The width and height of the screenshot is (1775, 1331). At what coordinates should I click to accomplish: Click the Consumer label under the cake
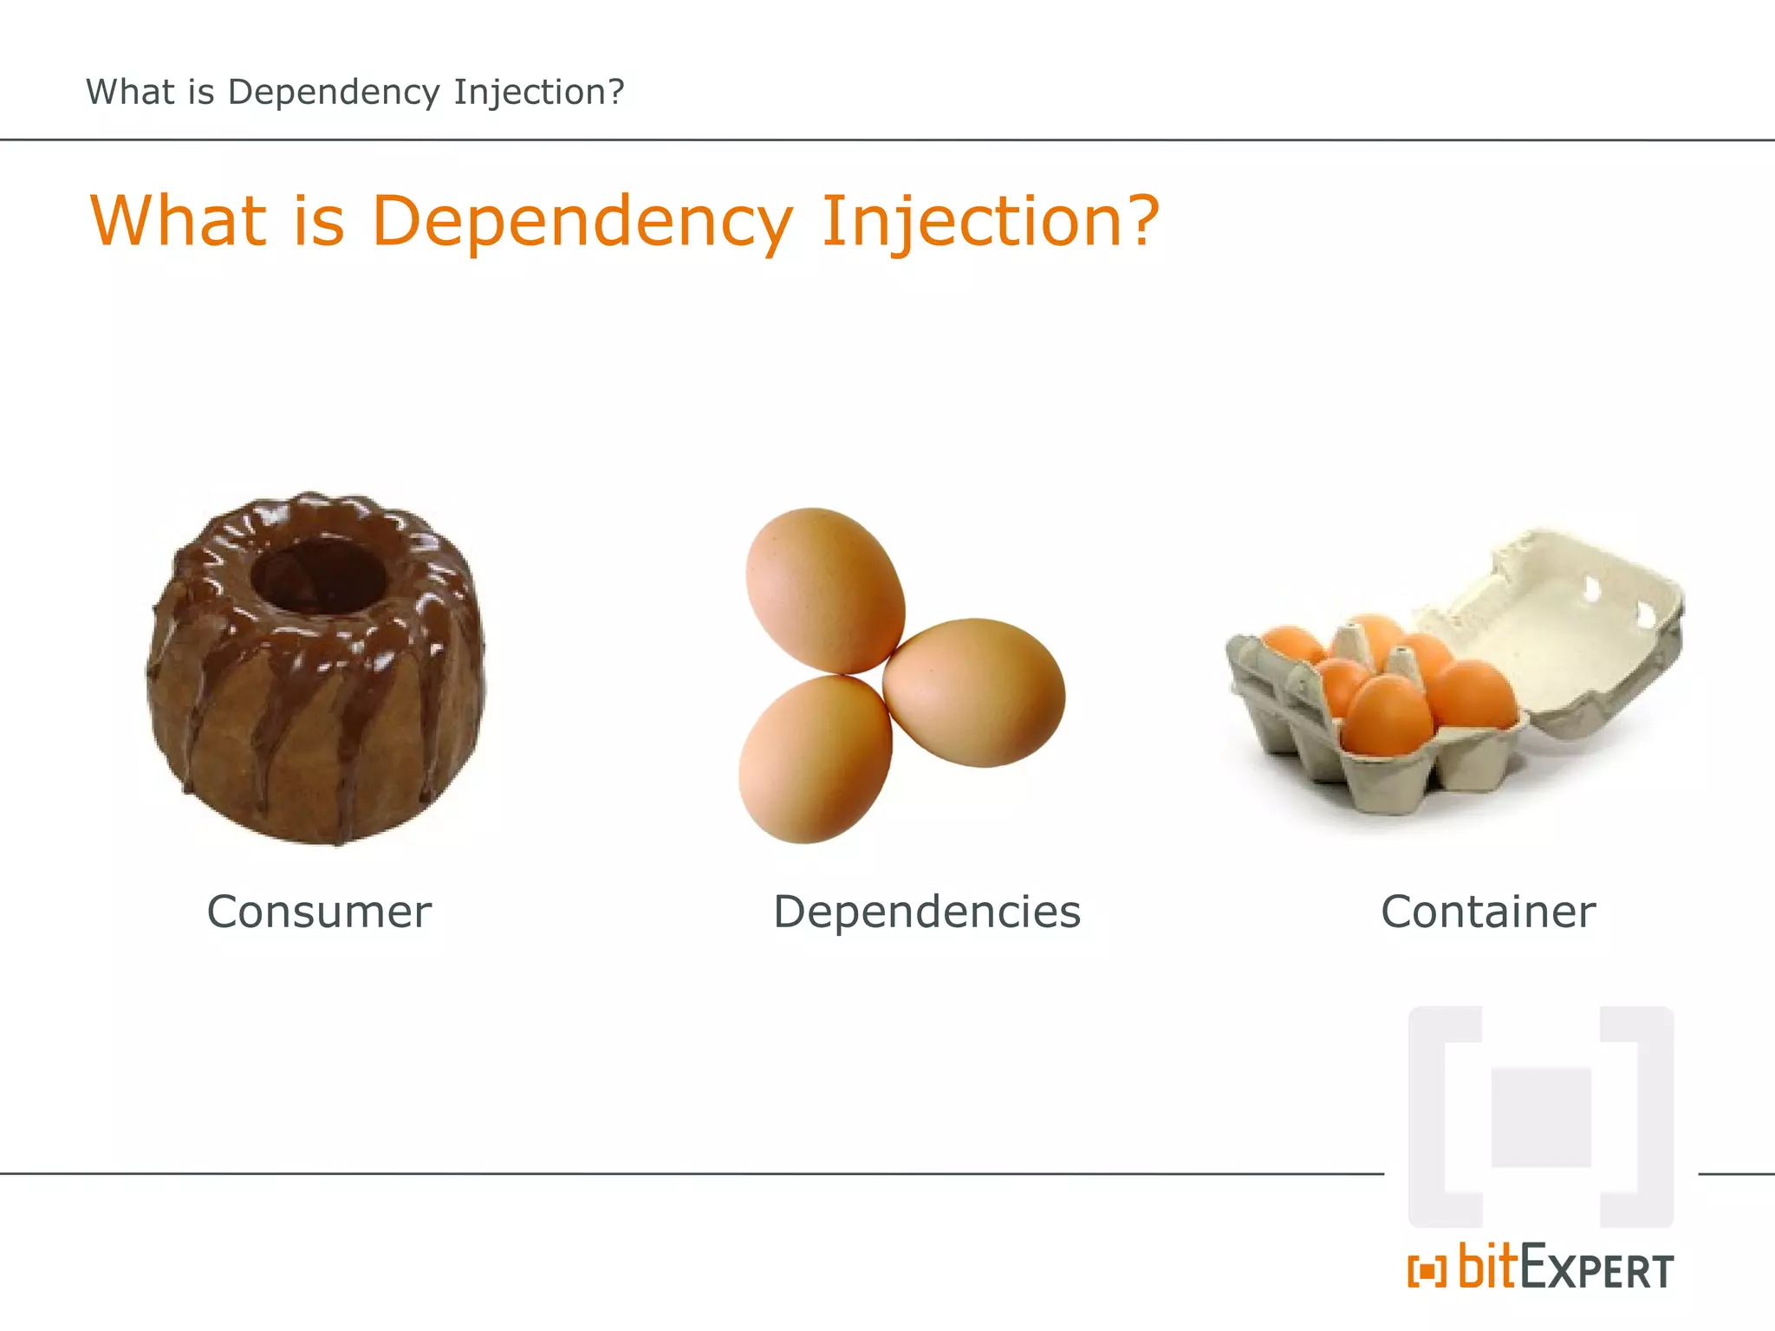[x=319, y=912]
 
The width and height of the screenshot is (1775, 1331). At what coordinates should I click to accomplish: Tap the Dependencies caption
[x=927, y=912]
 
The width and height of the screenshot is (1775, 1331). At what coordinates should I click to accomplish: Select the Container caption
[x=1488, y=912]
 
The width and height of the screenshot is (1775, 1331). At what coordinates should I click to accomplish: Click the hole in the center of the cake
[x=318, y=574]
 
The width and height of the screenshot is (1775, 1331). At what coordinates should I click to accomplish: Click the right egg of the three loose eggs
[x=974, y=691]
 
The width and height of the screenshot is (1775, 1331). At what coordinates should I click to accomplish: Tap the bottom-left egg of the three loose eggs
[x=815, y=759]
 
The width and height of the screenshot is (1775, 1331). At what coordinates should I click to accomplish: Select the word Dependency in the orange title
[x=581, y=222]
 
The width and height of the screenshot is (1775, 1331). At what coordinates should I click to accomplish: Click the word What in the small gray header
[x=130, y=92]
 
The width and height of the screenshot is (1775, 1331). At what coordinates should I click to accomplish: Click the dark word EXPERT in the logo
[x=1596, y=1270]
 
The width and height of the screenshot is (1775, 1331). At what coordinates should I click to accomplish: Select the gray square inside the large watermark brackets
[x=1541, y=1118]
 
